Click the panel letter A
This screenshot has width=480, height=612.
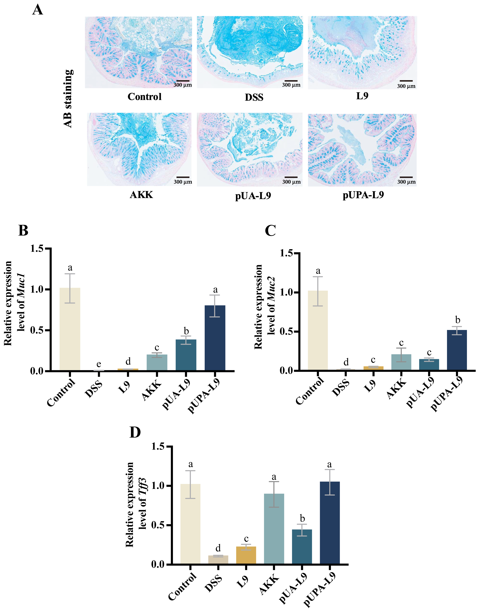point(38,10)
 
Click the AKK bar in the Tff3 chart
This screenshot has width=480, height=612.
point(274,528)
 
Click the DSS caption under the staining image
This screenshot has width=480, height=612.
point(254,97)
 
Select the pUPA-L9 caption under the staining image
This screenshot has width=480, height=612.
point(363,195)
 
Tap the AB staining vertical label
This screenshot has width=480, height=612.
point(68,98)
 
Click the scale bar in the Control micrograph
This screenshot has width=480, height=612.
point(183,81)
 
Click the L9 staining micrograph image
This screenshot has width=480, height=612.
point(362,53)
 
